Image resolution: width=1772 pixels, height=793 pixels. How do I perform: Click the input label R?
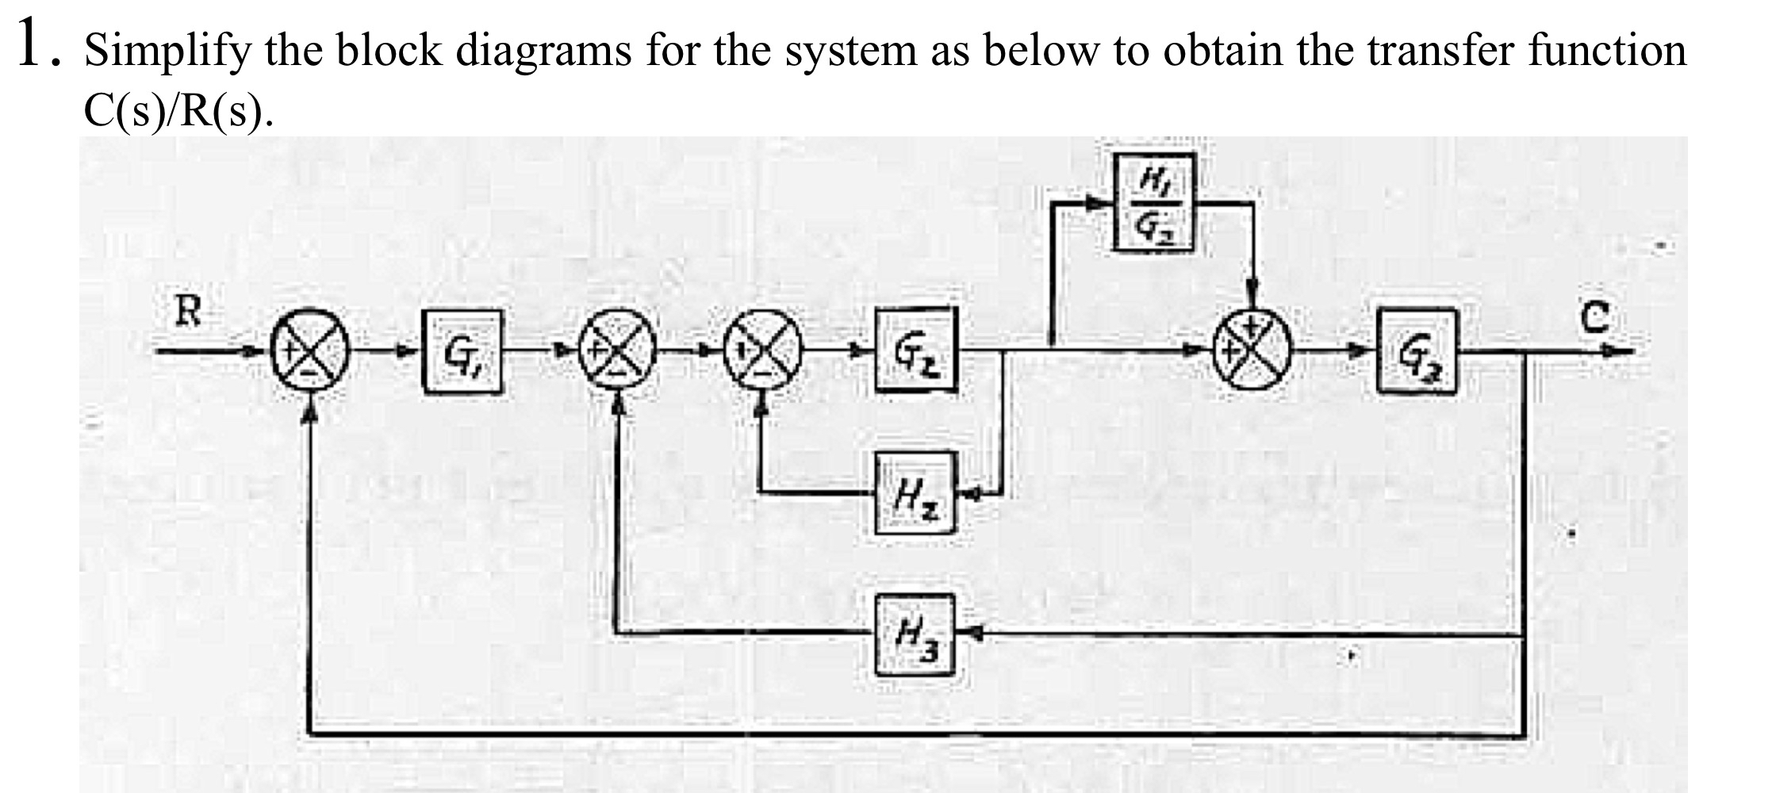click(x=188, y=312)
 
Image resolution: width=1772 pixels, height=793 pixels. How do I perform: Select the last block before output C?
click(x=1417, y=351)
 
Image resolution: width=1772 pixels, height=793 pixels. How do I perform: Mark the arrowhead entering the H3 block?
click(x=975, y=633)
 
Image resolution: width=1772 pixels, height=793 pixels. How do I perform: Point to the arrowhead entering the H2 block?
click(x=972, y=493)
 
